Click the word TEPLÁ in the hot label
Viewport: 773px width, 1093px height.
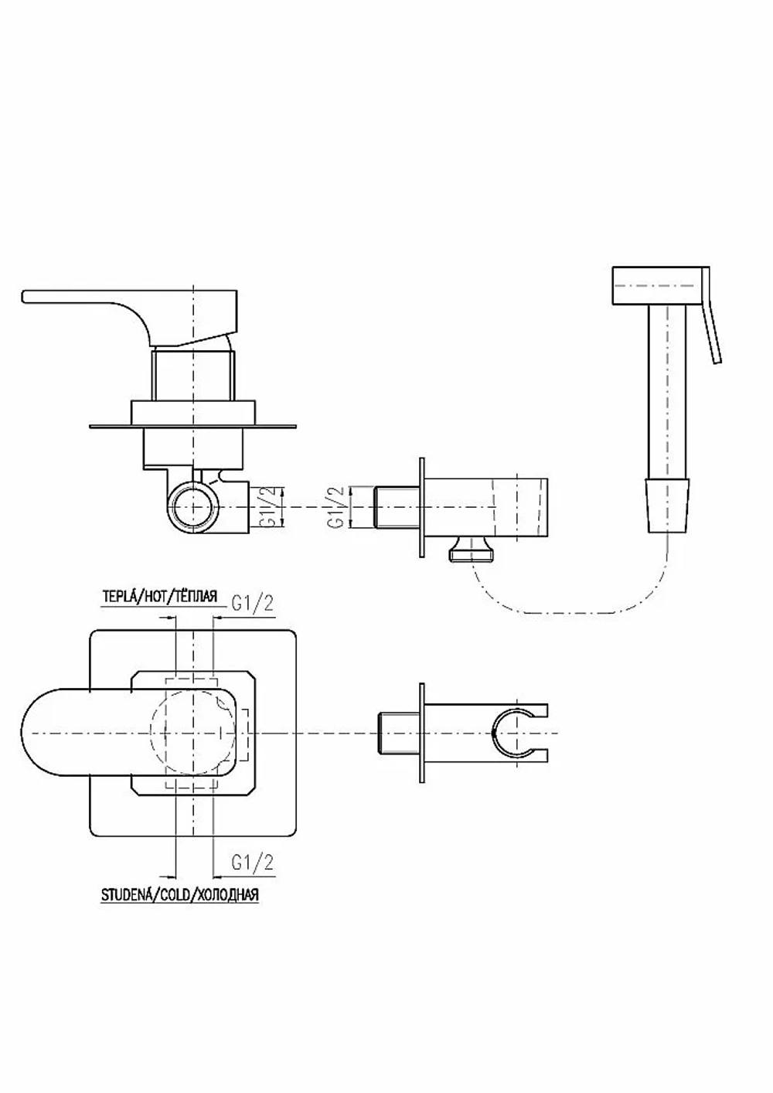click(x=118, y=596)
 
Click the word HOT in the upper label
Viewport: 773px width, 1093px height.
click(x=154, y=596)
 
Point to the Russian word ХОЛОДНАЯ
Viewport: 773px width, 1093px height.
click(x=228, y=895)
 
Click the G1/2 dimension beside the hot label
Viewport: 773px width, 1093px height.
click(x=252, y=604)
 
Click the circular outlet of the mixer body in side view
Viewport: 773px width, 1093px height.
click(x=193, y=507)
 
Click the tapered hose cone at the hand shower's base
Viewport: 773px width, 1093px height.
click(x=668, y=506)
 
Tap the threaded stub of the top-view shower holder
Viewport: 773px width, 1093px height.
click(x=399, y=733)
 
